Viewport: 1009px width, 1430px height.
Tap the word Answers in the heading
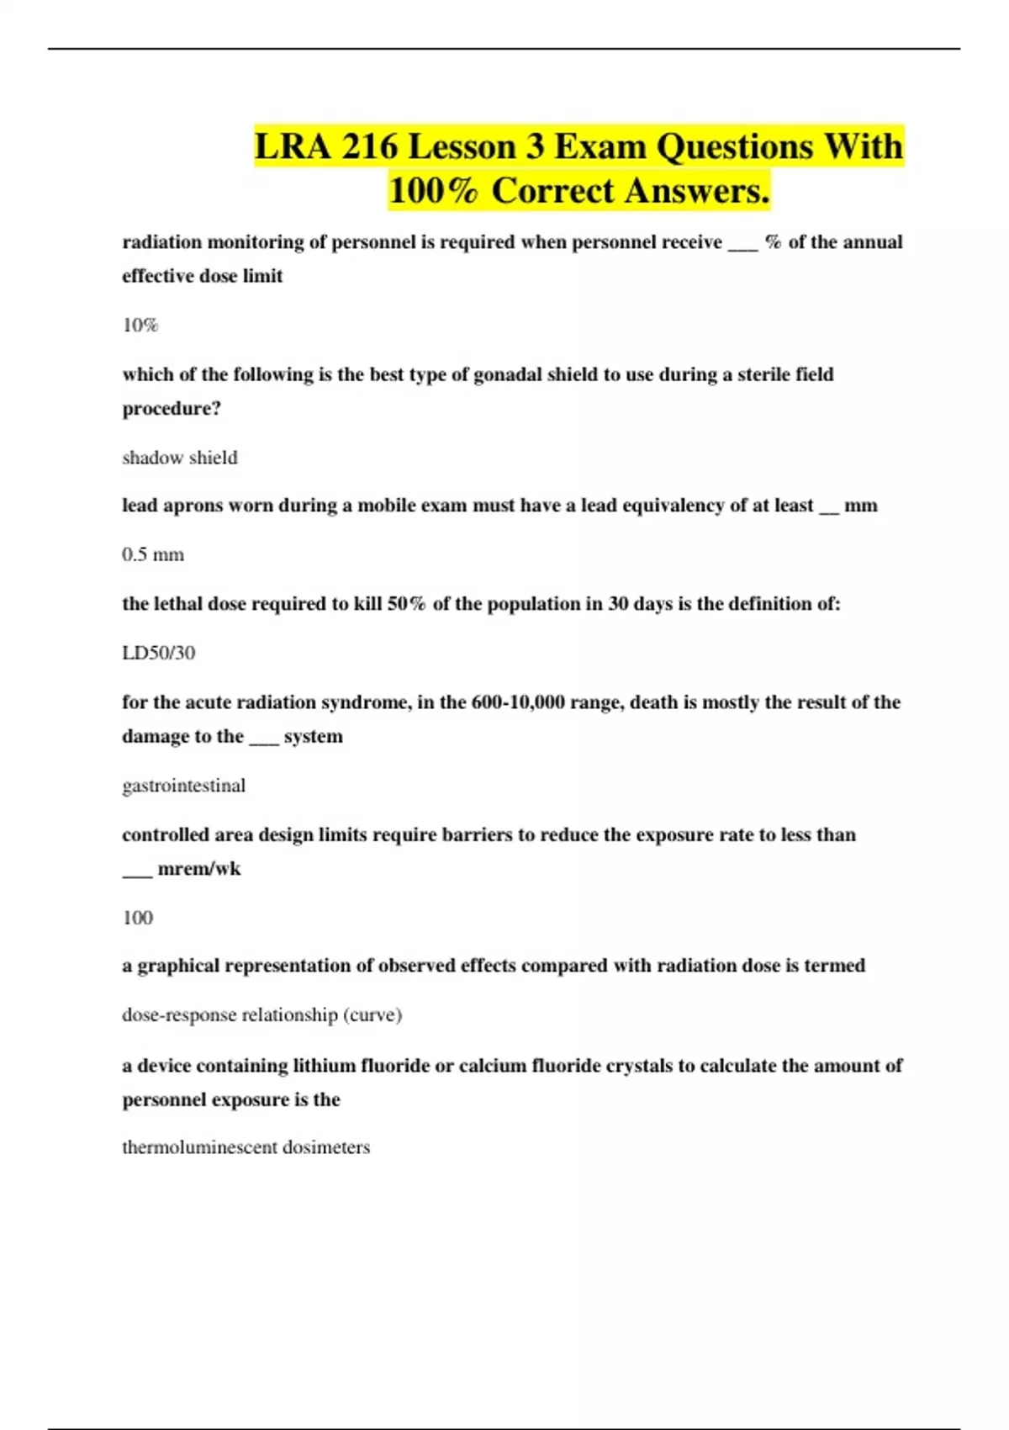coord(698,191)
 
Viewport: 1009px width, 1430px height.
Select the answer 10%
coord(140,326)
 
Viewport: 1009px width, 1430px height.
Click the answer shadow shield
coord(180,458)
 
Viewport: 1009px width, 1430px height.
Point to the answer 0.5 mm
coord(153,555)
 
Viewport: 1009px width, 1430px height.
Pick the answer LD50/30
coord(159,654)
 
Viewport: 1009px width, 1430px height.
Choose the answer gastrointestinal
coord(184,786)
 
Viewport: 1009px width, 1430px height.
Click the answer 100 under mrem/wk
coord(138,918)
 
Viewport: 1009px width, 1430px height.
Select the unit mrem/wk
coord(199,869)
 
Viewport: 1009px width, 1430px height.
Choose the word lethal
coord(177,604)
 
